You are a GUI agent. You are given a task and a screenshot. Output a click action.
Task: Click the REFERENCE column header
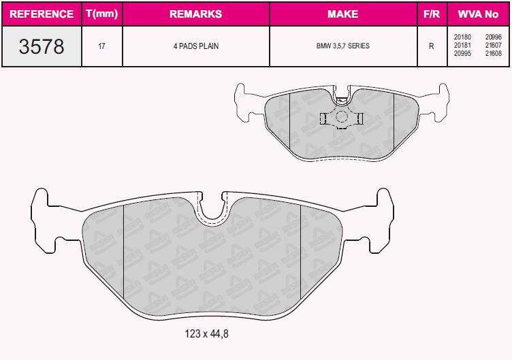(x=42, y=14)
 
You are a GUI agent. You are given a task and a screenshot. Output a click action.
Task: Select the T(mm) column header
(x=102, y=14)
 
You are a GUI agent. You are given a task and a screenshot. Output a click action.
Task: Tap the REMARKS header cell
(x=196, y=14)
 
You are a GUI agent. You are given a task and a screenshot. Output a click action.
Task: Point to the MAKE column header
(x=343, y=14)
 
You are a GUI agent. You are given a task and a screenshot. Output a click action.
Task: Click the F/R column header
(x=432, y=14)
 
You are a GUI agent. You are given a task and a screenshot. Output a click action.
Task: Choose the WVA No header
(x=479, y=14)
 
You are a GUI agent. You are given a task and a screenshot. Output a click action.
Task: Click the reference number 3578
(x=42, y=46)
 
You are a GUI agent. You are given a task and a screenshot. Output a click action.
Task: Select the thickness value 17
(x=101, y=46)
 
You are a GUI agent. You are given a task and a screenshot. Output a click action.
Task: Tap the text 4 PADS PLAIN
(x=196, y=46)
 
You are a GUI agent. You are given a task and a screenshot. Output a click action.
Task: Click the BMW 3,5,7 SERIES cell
(x=343, y=46)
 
